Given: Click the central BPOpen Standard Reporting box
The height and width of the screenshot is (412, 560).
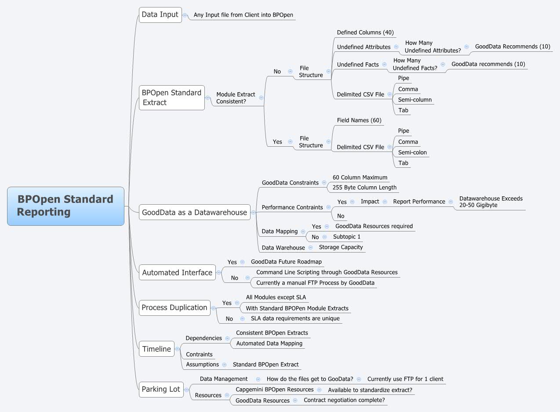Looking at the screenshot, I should coord(65,206).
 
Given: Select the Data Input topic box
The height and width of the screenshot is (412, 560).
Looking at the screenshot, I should coord(160,14).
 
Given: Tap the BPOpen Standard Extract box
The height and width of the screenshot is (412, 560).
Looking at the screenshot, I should coord(171,98).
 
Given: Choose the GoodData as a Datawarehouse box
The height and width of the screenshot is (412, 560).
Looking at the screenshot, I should coord(194,212).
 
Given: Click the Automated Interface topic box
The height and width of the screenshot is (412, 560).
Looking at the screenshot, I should coord(177,272).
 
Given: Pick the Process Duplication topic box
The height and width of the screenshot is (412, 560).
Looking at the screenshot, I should coord(174,307).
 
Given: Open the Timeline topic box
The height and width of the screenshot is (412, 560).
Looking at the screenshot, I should coord(156,349).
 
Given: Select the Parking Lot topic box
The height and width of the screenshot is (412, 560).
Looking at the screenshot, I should coord(161,389).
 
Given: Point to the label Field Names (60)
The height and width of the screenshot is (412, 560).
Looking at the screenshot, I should coord(359,120).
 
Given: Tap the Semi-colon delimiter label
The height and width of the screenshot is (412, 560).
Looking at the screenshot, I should coord(412,152).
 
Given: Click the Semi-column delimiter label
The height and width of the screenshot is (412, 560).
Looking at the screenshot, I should coord(415,100).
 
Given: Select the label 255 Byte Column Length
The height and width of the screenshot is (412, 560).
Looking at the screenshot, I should coord(364,188).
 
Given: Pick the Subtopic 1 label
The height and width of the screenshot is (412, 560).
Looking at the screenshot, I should coord(347,237).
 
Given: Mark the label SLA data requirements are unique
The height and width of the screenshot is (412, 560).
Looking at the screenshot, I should coord(295,318).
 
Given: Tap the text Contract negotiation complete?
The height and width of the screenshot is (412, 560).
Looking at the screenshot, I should coord(344,400).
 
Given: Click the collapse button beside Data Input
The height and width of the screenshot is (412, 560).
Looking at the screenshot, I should coord(185,15).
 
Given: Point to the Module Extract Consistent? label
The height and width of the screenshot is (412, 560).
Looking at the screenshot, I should coord(236,98).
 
